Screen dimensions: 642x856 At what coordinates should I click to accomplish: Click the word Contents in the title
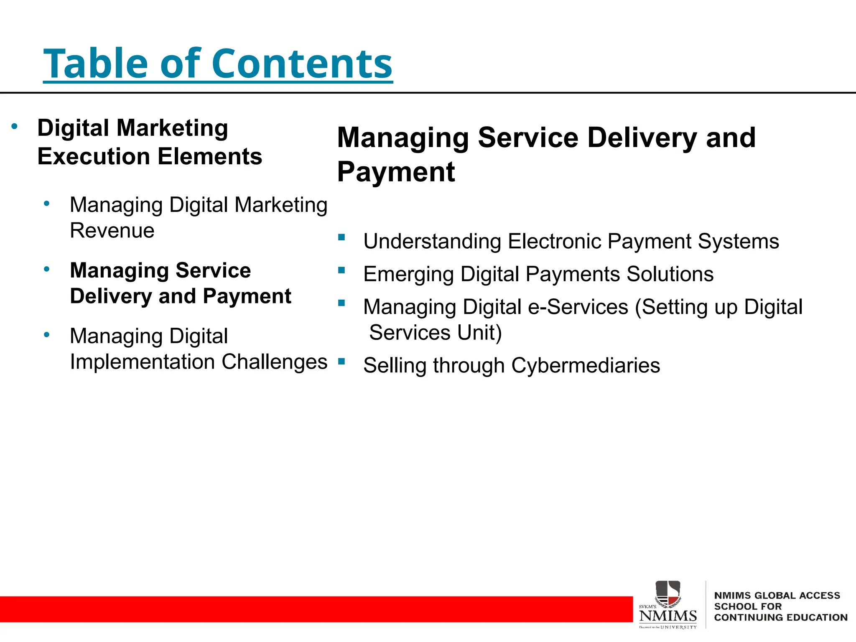click(x=302, y=64)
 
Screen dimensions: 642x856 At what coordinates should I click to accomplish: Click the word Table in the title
click(x=96, y=64)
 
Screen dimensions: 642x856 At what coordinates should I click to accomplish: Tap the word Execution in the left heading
click(x=94, y=157)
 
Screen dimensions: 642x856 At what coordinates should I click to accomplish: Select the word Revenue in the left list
click(x=112, y=231)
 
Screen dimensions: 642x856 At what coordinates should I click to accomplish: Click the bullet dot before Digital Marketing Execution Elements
click(x=15, y=126)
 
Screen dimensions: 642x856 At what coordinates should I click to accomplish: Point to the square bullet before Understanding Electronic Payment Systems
click(x=341, y=238)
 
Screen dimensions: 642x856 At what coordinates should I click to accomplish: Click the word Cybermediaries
click(x=585, y=366)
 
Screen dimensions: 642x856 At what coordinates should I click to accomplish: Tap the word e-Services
click(x=578, y=307)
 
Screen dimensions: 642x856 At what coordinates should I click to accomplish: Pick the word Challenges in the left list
click(x=274, y=362)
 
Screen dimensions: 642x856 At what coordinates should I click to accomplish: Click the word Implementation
click(x=142, y=362)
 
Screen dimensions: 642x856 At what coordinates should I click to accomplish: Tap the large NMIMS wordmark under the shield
click(x=667, y=616)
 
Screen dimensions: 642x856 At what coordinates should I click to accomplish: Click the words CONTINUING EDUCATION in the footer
click(x=780, y=618)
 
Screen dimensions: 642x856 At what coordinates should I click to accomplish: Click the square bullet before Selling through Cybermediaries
click(x=341, y=362)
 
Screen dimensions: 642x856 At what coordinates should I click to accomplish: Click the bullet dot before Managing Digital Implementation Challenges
click(x=47, y=335)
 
